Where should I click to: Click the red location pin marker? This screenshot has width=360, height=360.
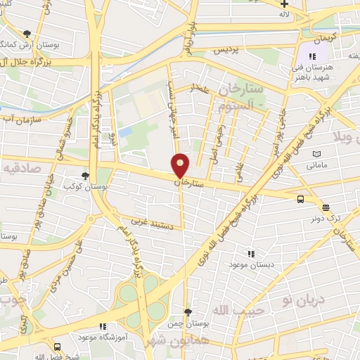tap(181, 165)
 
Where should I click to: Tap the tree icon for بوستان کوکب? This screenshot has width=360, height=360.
tap(85, 176)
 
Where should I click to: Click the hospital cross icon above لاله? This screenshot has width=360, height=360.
tap(283, 4)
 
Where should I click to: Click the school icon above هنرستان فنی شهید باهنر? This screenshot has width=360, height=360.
tap(314, 56)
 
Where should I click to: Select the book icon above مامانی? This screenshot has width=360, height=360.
tap(316, 154)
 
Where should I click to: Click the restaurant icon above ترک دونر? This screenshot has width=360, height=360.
tap(325, 207)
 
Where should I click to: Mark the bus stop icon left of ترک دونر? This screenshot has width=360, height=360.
tap(301, 199)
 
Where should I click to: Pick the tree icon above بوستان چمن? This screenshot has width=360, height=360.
tap(187, 311)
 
